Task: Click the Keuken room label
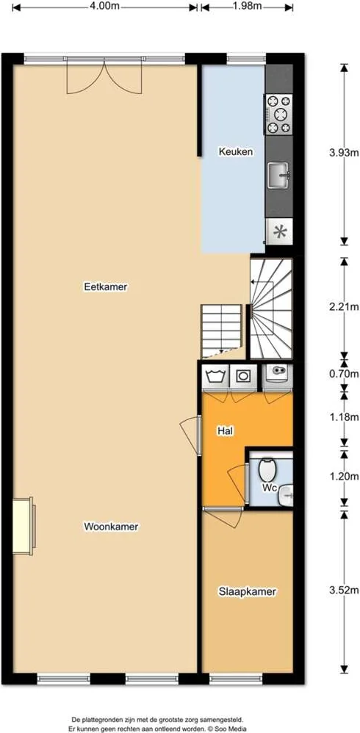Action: [236, 152]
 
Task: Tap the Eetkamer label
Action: [106, 286]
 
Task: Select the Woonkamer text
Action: [111, 527]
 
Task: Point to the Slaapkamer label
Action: [248, 592]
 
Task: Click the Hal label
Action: [224, 430]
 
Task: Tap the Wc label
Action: [270, 488]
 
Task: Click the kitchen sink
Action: [278, 176]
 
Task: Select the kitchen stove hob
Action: [278, 114]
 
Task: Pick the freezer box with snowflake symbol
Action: [280, 231]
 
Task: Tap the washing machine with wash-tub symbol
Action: [215, 376]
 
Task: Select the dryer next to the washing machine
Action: [243, 376]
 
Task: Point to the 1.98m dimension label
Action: [247, 6]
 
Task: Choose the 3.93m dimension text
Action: [344, 152]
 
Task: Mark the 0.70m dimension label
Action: [344, 374]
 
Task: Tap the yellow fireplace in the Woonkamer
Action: [24, 526]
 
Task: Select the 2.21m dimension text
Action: [344, 307]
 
